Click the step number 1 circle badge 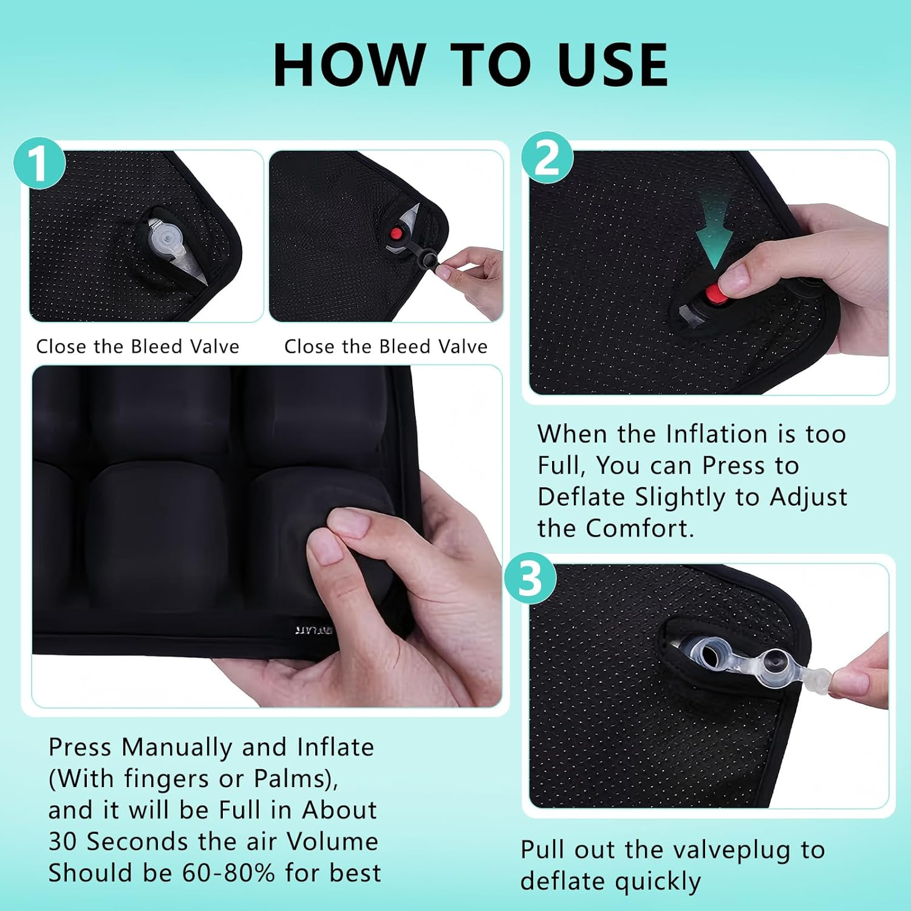click(39, 163)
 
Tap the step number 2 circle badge click(547, 157)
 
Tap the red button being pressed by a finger click(715, 295)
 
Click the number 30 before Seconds click(63, 841)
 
